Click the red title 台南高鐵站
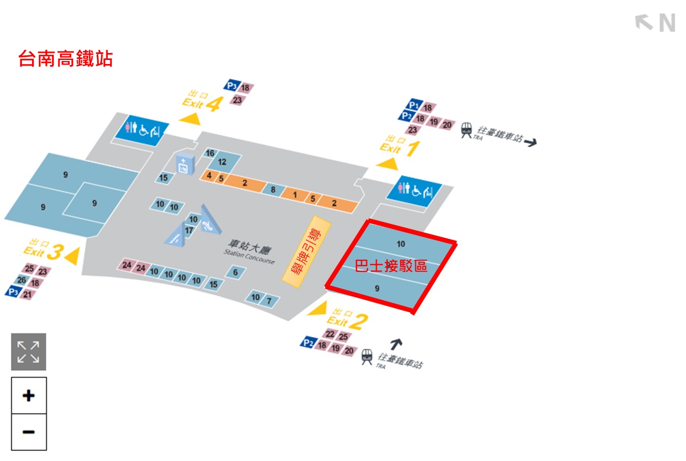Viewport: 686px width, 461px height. [x=65, y=59]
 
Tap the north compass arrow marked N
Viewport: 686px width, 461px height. [x=655, y=23]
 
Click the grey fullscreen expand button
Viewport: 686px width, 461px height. [x=28, y=352]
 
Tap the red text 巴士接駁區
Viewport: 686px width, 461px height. [x=391, y=266]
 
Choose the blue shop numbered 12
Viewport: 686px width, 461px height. [x=222, y=162]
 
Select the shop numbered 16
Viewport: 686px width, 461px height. [x=210, y=153]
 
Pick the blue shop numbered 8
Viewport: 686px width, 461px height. [x=273, y=190]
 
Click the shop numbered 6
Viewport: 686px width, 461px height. [x=235, y=272]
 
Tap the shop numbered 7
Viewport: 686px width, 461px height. [x=269, y=300]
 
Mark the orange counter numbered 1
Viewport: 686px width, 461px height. [x=295, y=195]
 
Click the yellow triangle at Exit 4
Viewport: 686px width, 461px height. [x=190, y=118]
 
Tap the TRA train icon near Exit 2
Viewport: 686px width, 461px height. [x=366, y=357]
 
